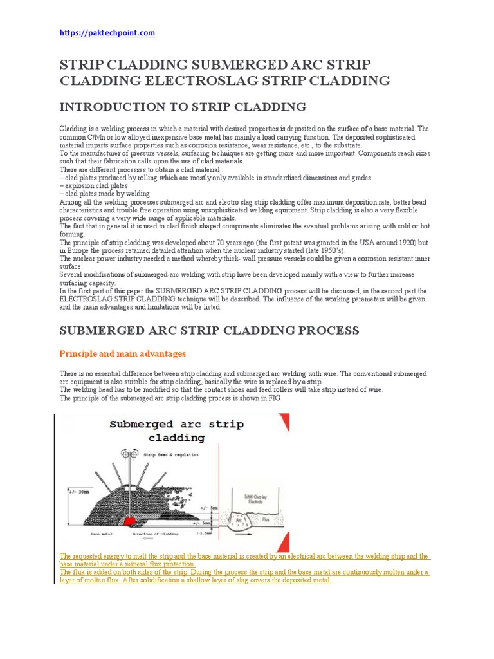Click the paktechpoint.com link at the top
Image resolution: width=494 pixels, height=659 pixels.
click(x=107, y=33)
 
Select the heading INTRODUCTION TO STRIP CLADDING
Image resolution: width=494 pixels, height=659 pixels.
click(x=183, y=107)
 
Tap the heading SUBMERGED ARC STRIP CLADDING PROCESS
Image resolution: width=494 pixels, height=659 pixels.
click(x=209, y=330)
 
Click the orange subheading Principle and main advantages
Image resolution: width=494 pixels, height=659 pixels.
click(x=122, y=353)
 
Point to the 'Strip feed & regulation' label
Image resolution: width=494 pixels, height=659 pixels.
click(x=172, y=454)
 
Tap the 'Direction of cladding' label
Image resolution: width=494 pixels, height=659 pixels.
click(x=156, y=534)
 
